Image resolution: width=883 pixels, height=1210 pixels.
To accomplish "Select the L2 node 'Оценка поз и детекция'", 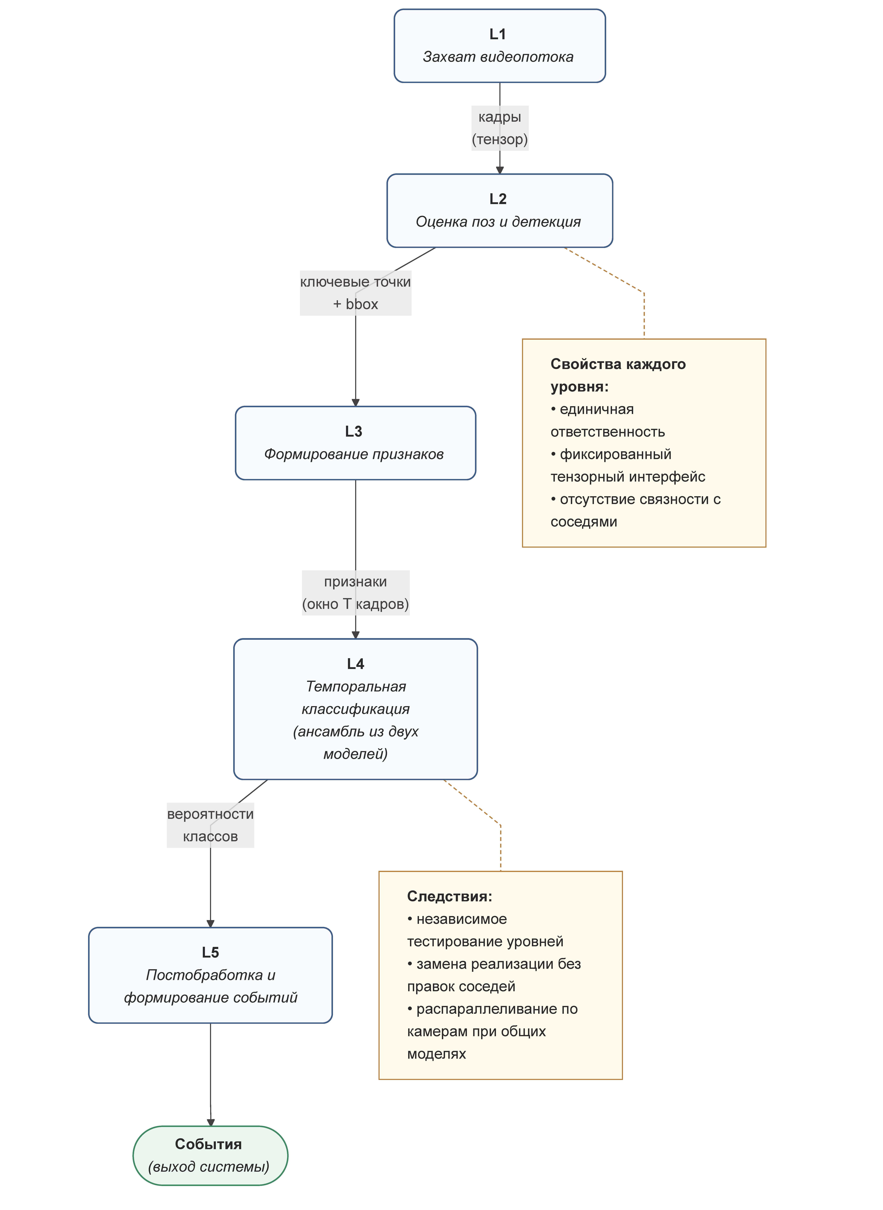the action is (x=500, y=211).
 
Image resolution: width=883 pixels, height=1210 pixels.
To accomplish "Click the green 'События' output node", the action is (x=211, y=1155).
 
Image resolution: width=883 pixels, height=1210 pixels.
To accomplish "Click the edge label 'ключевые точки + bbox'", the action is (x=355, y=293).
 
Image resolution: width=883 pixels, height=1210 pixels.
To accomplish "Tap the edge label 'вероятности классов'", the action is (x=211, y=825).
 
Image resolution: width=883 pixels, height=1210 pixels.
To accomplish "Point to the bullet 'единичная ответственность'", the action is (x=608, y=420).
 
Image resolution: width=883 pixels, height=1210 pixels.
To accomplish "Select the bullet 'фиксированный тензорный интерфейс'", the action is (x=628, y=465).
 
